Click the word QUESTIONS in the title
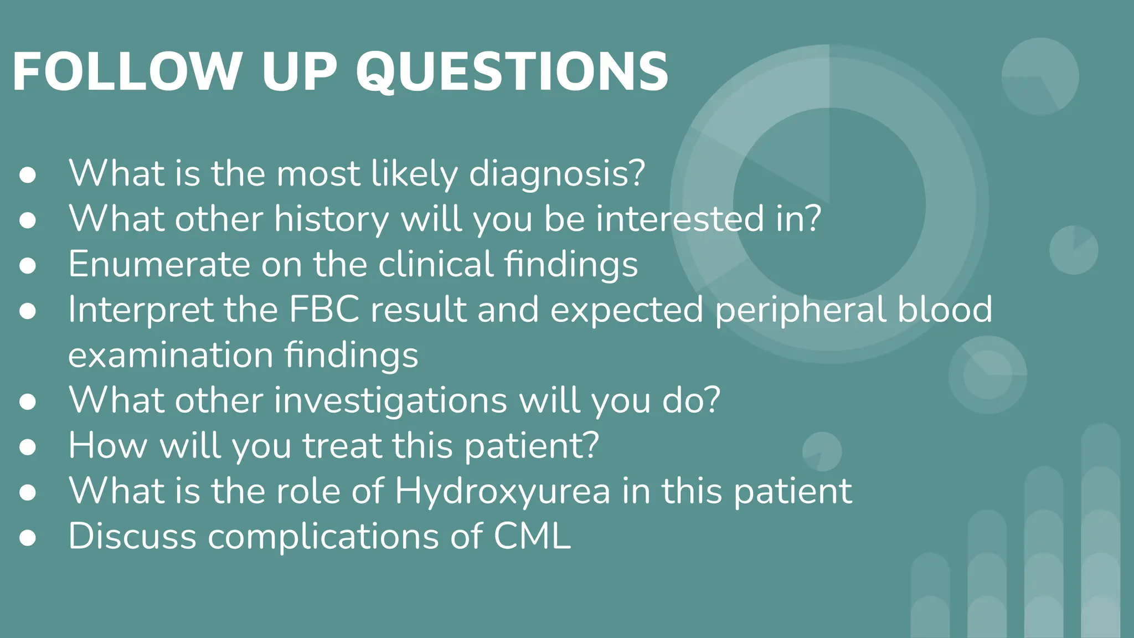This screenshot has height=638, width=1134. [512, 72]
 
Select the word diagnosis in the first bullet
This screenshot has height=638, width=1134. [557, 173]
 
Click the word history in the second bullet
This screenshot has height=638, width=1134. [332, 219]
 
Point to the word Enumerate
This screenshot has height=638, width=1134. [159, 264]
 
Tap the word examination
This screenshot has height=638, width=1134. [171, 355]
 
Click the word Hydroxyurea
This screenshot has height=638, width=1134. [502, 491]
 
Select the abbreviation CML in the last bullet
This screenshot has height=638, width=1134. [532, 536]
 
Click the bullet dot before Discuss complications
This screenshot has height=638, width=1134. [28, 537]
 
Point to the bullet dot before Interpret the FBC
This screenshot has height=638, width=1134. [28, 311]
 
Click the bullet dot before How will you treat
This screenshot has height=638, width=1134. [28, 447]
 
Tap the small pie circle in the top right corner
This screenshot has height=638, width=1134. [1040, 76]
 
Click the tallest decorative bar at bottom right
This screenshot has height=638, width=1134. [1100, 532]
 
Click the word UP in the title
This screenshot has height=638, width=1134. [299, 72]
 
